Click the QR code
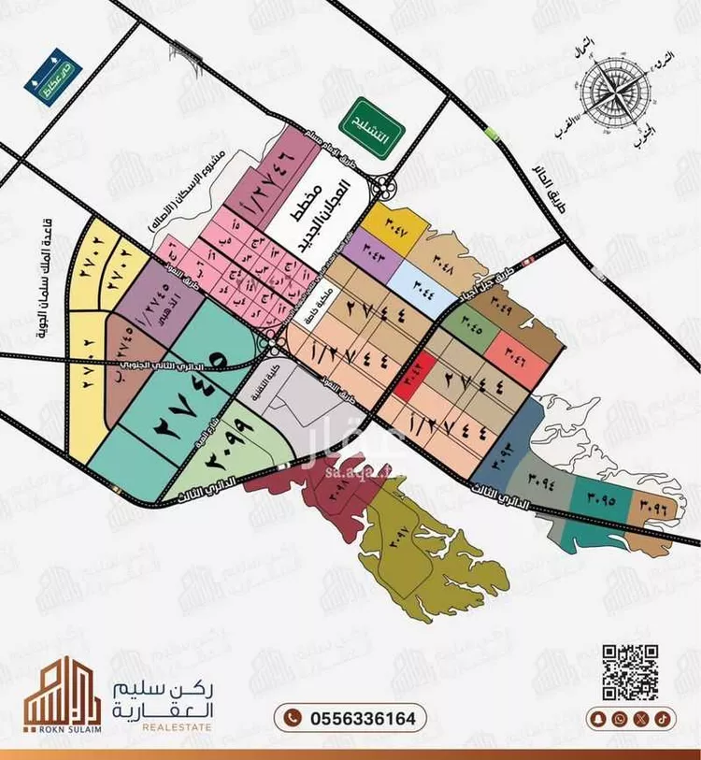pos(629,671)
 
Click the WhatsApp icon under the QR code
pos(620,719)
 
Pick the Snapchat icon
pos(600,719)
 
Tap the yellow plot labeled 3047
pos(393,230)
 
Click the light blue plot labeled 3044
pos(419,281)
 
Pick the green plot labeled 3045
pos(469,327)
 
